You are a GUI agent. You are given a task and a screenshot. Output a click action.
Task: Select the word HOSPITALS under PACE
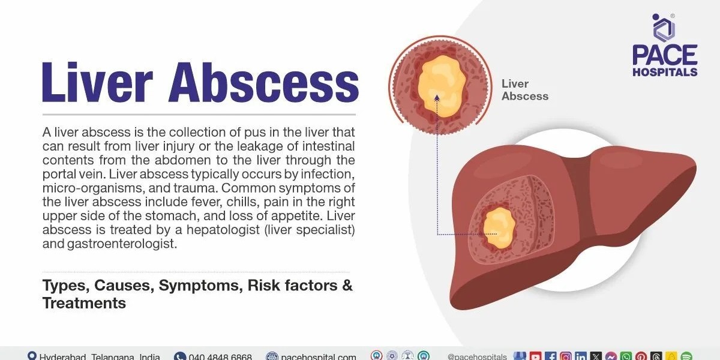coord(665,72)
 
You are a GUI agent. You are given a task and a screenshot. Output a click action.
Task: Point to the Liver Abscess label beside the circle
coord(524,90)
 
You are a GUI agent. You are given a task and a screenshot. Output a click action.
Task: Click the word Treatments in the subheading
coord(84,303)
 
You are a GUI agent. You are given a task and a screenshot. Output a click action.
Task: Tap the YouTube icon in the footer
coord(536,356)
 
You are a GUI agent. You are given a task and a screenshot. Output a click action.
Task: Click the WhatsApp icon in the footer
coord(626,356)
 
